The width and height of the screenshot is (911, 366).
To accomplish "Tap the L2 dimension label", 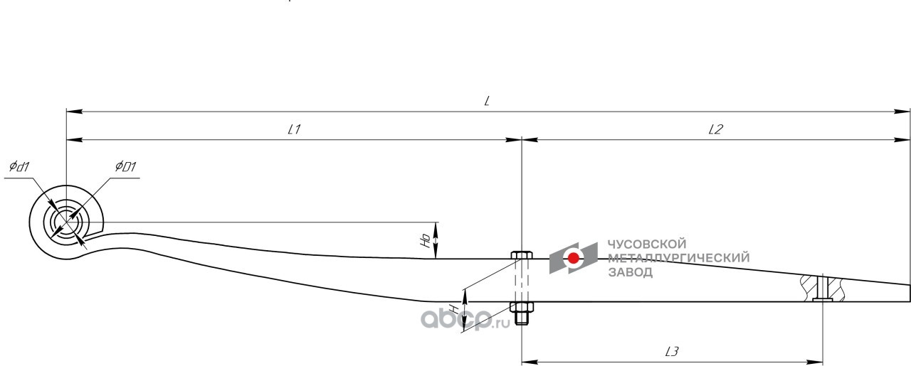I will click(x=715, y=129).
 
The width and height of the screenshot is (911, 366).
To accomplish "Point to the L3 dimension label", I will click(x=672, y=350).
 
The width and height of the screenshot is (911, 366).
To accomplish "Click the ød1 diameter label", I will click(x=19, y=167).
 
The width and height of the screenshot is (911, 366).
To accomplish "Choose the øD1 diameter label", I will click(x=125, y=167).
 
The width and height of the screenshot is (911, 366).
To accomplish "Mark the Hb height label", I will click(x=425, y=241).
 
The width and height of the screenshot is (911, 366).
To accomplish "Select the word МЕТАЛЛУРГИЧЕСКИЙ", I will click(x=678, y=258).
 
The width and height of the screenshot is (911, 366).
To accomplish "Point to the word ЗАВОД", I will click(x=630, y=271).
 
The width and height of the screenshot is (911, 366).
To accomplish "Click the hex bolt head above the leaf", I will click(x=521, y=256).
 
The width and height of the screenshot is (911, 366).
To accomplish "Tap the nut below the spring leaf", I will click(x=522, y=308).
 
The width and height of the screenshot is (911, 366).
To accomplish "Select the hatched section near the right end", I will click(x=822, y=288).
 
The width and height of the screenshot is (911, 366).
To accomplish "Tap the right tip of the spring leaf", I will click(x=910, y=293).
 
